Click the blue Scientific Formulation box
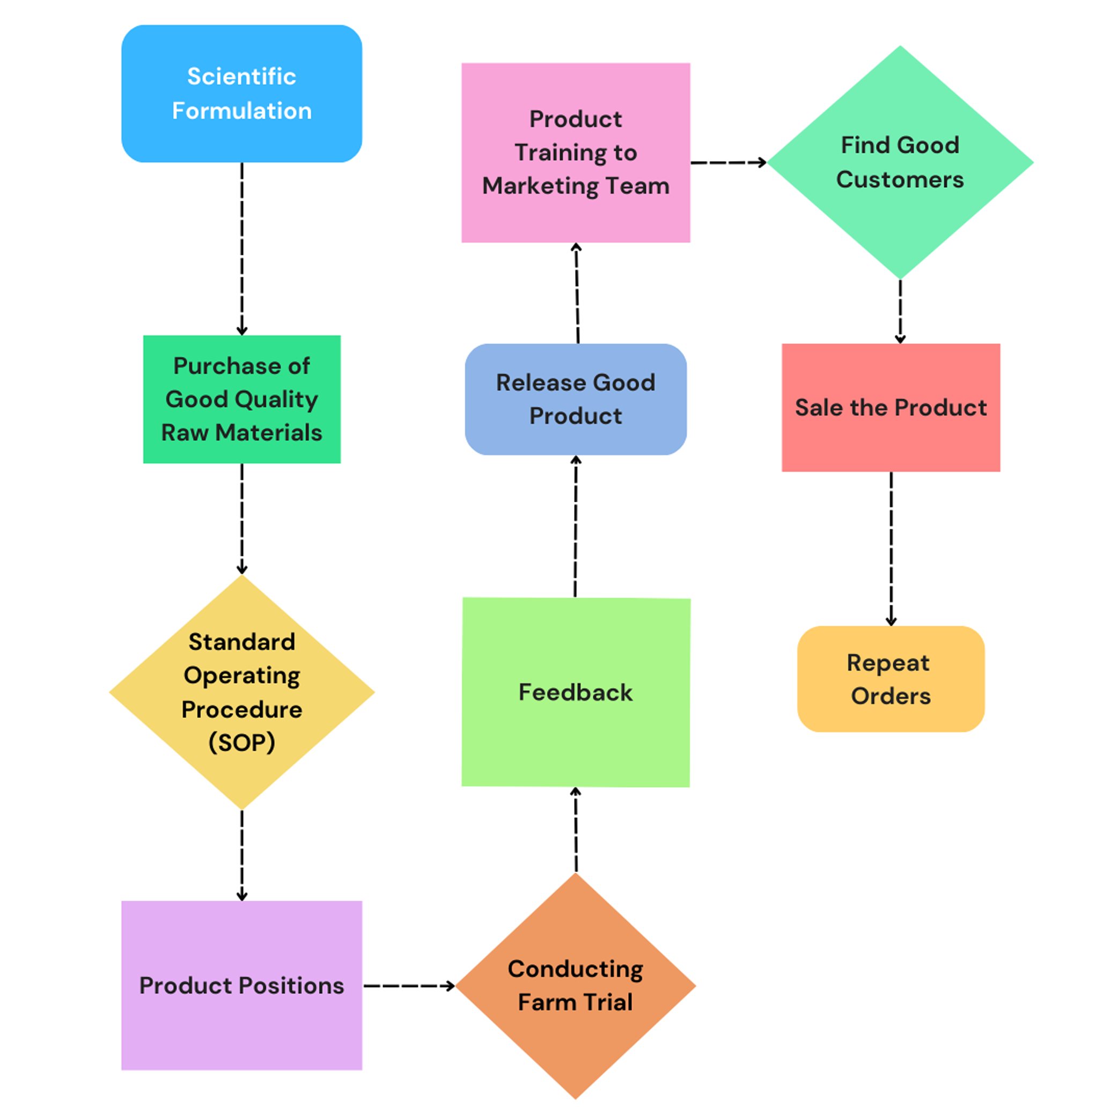click(241, 93)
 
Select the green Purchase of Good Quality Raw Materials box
click(241, 399)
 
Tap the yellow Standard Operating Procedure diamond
click(241, 691)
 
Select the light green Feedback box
click(575, 692)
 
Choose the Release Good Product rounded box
click(575, 399)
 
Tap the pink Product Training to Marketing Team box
click(575, 152)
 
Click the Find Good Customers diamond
click(899, 162)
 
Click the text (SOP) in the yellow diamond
click(241, 742)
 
